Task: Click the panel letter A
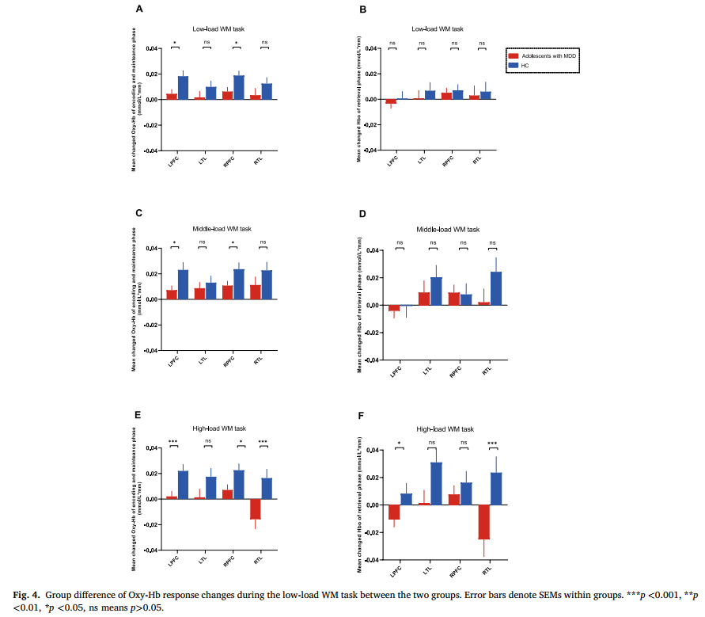[x=139, y=10]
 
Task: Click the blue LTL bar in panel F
[x=436, y=483]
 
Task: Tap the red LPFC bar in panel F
[x=394, y=512]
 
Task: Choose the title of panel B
[x=438, y=29]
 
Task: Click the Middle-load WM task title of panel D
[x=438, y=230]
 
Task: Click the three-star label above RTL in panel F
[x=491, y=443]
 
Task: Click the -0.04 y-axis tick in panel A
[x=152, y=150]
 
